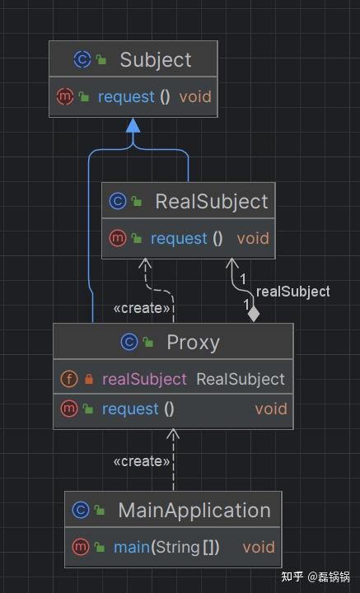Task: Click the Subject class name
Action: coord(156,60)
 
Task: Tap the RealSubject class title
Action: coord(212,202)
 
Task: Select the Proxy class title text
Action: coord(194,343)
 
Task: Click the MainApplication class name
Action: coord(194,511)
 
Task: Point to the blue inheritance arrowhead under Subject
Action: coord(133,125)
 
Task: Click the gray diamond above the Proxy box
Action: coord(254,315)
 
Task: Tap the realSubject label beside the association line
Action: coord(293,292)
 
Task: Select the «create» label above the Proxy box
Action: coord(142,309)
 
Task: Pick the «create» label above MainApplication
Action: coord(142,461)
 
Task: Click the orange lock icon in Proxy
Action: coord(89,379)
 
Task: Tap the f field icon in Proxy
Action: coord(69,379)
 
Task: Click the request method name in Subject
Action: coord(126,97)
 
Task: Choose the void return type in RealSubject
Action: coord(253,239)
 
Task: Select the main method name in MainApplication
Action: coord(132,547)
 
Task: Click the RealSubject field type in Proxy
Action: coord(241,380)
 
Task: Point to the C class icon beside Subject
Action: coord(82,60)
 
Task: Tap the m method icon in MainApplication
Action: coord(81,547)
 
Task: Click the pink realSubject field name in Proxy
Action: coord(144,380)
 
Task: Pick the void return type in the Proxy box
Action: coord(271,409)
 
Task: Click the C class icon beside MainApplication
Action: coord(81,510)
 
